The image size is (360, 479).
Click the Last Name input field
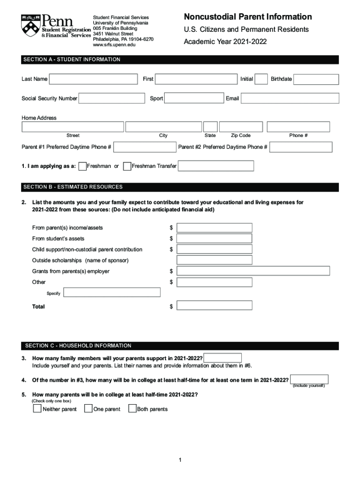click(x=94, y=79)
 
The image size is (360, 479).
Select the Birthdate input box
click(x=316, y=79)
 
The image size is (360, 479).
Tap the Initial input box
click(x=262, y=79)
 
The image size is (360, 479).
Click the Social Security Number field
click(x=112, y=98)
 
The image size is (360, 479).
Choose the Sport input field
click(x=194, y=98)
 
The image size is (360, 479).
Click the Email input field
click(x=290, y=98)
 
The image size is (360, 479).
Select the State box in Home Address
click(x=210, y=127)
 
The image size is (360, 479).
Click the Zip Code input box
click(x=241, y=127)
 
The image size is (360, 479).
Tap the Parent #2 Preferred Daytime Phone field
click(x=301, y=147)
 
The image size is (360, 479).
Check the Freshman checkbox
click(x=83, y=166)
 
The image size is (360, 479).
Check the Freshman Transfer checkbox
click(x=127, y=166)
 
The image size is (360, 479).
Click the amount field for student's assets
click(x=214, y=239)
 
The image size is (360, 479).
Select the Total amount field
click(x=214, y=305)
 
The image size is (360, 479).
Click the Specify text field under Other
click(x=112, y=292)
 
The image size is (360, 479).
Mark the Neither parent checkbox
click(x=37, y=409)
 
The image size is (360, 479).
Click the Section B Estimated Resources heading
click(x=73, y=187)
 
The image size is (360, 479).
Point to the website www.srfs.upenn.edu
click(x=116, y=45)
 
